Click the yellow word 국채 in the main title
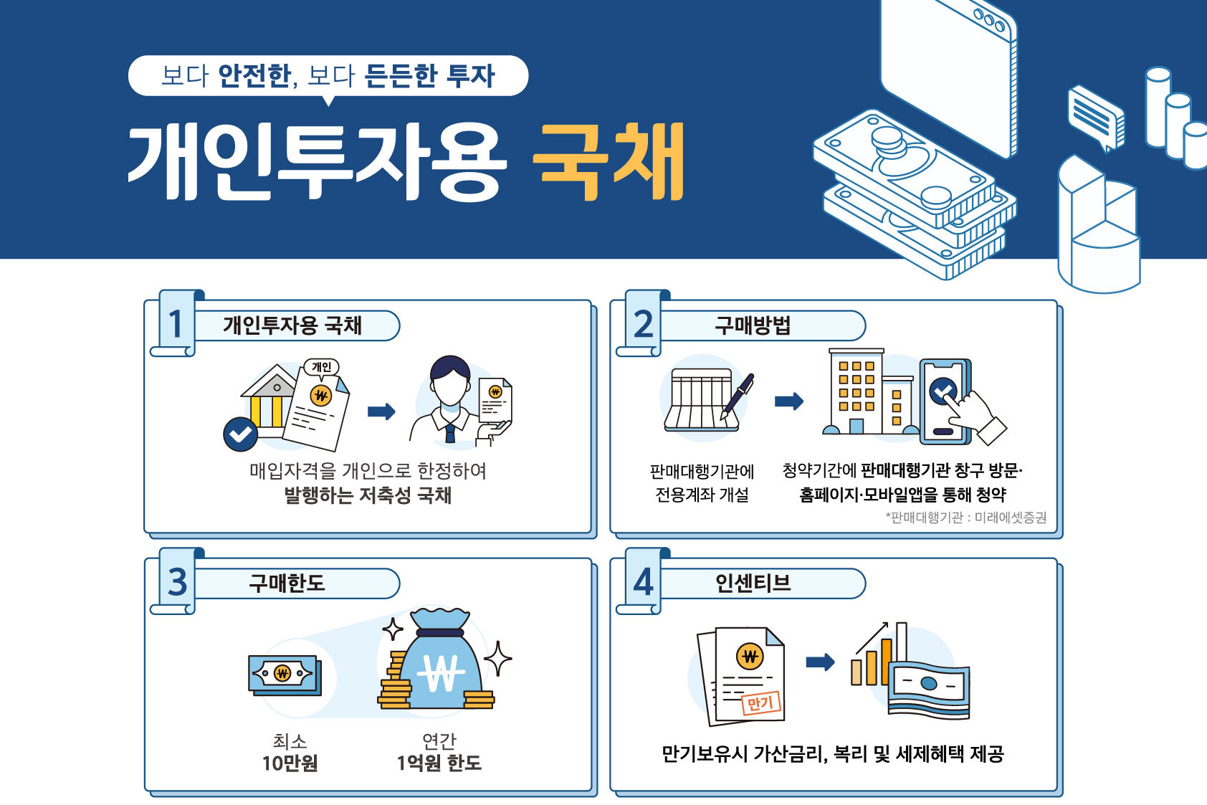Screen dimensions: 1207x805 (609, 162)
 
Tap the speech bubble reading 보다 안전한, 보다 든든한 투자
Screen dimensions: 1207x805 (328, 76)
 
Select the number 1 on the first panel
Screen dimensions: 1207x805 (175, 324)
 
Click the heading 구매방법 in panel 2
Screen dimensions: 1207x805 (752, 325)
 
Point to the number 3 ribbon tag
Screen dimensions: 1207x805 (177, 582)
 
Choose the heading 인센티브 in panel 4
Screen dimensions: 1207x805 (752, 583)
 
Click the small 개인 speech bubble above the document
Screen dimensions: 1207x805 (322, 368)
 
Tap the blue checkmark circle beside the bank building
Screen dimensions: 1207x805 (240, 434)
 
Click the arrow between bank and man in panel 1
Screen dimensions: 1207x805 (381, 411)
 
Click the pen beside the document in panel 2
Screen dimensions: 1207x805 (737, 396)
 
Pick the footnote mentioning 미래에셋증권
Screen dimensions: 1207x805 (966, 518)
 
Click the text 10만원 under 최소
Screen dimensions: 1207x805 (290, 763)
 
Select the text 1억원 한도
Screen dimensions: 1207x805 (439, 763)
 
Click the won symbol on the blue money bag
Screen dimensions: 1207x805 (442, 673)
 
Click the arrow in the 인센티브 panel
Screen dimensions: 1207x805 (820, 662)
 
